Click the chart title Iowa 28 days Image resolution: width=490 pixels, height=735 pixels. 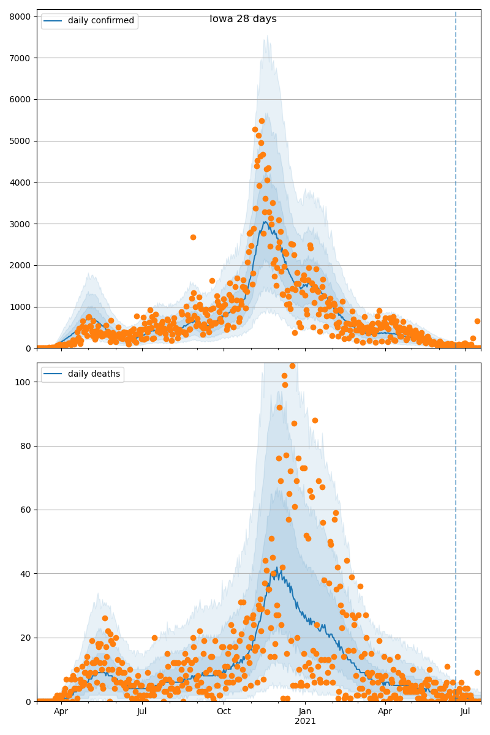point(243,19)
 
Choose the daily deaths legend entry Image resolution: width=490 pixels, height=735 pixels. point(95,374)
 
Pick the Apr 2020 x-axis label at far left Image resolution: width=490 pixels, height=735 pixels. point(61,711)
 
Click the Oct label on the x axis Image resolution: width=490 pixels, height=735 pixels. point(224,711)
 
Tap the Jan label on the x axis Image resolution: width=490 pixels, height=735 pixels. point(305,711)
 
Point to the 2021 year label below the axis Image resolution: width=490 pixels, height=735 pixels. point(305,722)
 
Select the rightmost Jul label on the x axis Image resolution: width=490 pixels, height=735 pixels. point(466,711)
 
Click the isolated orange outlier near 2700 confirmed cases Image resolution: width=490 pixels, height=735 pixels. point(193,237)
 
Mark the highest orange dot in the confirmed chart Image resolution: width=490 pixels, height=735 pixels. point(262,121)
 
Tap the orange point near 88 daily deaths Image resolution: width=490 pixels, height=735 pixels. point(315,420)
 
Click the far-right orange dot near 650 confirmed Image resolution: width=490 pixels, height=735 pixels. point(477,321)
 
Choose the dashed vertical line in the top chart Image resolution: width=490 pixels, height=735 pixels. point(456,184)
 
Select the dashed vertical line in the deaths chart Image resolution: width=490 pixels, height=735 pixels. point(456,521)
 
